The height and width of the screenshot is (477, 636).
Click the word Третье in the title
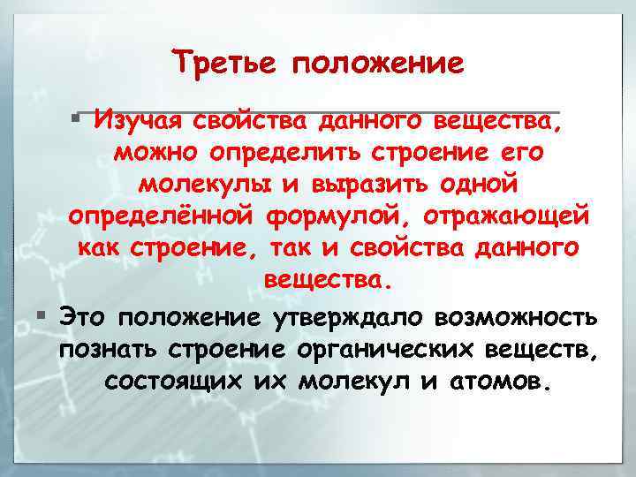pyautogui.click(x=224, y=63)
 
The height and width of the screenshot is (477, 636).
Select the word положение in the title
pyautogui.click(x=377, y=64)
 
